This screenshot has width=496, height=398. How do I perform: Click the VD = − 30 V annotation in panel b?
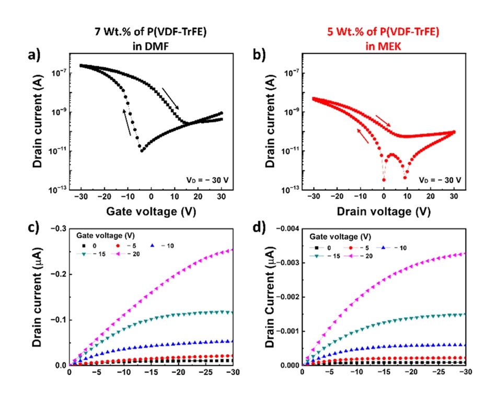440,180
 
